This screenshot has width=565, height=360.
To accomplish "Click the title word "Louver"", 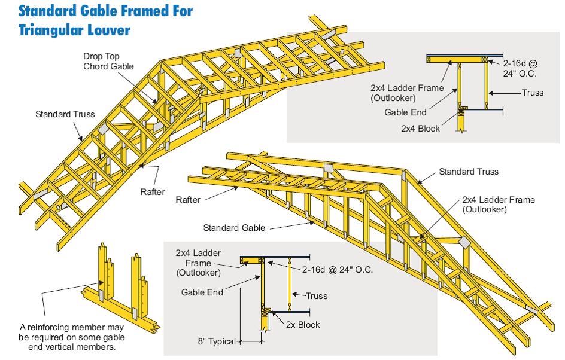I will pos(108,28).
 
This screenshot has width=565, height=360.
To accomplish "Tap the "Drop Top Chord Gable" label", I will pos(108,60).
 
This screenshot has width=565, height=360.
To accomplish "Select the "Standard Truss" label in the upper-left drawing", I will pos(65,114).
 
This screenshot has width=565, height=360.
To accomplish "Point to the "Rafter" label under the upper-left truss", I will pos(152,191).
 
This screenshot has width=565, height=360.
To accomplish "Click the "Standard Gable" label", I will pos(234,227).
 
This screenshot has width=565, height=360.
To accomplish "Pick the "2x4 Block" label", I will pos(421,128).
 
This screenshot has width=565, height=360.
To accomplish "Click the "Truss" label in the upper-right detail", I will pos(532,93).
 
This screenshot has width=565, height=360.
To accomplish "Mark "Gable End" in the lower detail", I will pos(202,292).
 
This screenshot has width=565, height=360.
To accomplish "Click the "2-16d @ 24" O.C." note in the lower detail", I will pos(337,270).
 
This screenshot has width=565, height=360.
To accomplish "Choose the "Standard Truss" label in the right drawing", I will pos(469,172).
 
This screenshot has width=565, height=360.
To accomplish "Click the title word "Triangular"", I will pos(51,28).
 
